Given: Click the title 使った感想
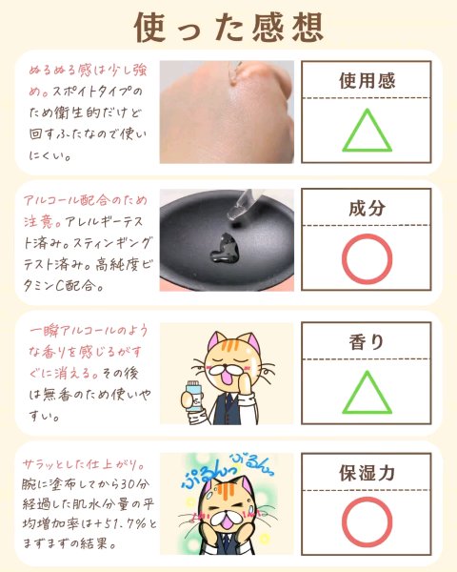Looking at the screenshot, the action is tap(228, 28).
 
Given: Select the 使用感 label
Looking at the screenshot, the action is tap(367, 80).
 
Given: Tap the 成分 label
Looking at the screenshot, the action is tap(367, 208).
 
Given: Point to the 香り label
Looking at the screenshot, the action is tap(367, 342).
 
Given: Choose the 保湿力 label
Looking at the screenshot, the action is tap(367, 473).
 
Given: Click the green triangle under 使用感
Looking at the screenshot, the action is tap(367, 149).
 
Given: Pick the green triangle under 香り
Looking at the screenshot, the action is tap(367, 411).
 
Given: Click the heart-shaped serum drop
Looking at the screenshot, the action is tap(224, 249).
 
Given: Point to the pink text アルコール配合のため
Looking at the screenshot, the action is tap(86, 200).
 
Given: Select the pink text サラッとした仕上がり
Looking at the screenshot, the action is tap(84, 464).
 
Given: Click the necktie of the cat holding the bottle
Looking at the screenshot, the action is tap(228, 406).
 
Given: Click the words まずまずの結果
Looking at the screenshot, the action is tap(70, 543).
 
